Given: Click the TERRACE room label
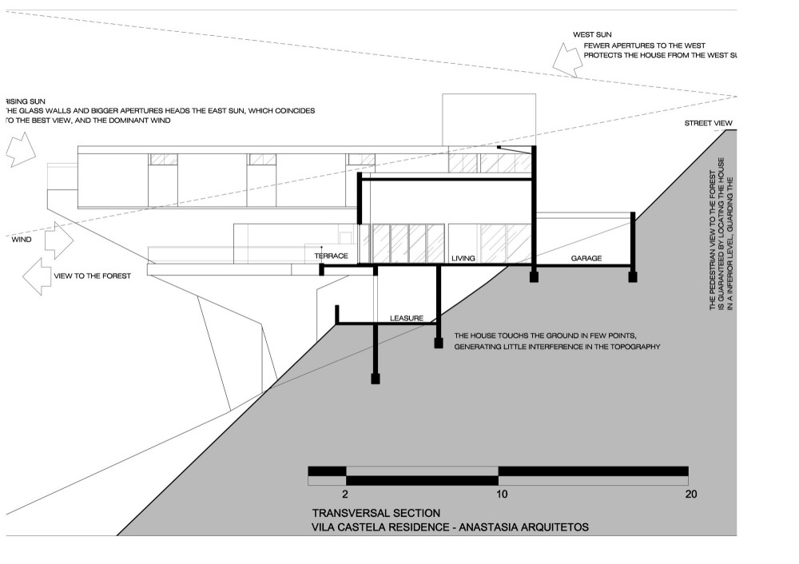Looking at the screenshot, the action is tap(332, 255).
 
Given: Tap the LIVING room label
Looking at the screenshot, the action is tap(463, 259).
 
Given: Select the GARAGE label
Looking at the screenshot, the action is tap(586, 259).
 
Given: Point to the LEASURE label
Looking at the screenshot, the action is tap(406, 318).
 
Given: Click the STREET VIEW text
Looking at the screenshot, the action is tap(708, 123).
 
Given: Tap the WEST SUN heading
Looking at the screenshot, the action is tap(592, 35).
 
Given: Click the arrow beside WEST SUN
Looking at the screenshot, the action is tap(566, 60).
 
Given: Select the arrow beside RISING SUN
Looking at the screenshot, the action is tap(20, 149).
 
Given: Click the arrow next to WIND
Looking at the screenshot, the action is tap(58, 239).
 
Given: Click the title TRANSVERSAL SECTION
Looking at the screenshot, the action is tap(376, 513).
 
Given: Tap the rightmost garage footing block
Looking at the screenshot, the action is tap(633, 276).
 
